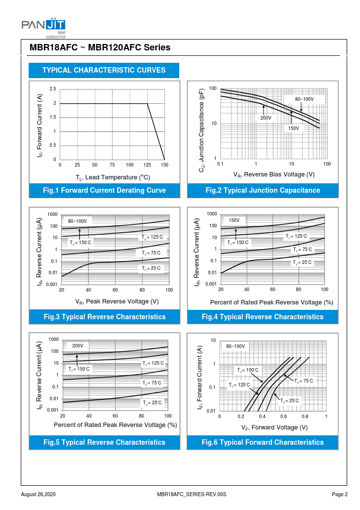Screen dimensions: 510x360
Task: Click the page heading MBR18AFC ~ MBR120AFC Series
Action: coord(100,48)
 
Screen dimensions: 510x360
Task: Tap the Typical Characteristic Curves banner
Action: coord(104,70)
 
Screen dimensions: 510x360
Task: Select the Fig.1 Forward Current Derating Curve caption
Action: coord(104,190)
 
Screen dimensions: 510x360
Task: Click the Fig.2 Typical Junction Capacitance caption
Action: coord(263,190)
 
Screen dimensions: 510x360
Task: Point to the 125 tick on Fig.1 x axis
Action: coord(147,165)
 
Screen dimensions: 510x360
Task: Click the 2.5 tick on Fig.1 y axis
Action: coord(53,89)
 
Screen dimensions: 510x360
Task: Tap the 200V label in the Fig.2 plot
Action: coord(266,118)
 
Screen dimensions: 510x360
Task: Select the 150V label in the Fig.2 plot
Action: coord(294,128)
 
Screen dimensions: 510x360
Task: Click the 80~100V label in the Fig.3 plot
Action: coord(78,221)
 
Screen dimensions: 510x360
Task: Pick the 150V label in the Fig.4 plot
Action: coord(234,220)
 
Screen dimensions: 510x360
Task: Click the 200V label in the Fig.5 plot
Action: coord(78,345)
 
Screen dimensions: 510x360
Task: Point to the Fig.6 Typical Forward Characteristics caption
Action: coord(263,442)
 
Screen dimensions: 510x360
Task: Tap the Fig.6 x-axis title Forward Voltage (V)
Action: coord(274,427)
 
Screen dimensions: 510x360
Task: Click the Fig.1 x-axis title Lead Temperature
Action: coord(113,177)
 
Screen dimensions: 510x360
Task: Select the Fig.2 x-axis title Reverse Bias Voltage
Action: coord(274,174)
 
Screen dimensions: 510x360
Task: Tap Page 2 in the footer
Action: coord(340,494)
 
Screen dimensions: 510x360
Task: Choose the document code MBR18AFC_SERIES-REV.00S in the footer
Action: coord(191,494)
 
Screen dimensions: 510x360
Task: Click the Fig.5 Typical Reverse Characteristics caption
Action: coord(104,442)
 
